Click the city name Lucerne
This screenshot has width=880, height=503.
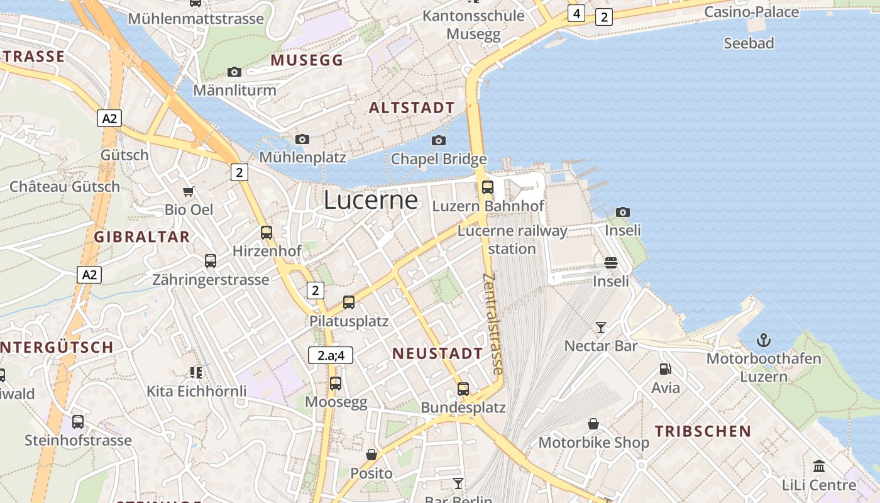[x=370, y=200]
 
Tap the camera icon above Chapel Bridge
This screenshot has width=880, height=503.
[x=439, y=140]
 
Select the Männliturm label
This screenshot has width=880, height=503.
[x=234, y=90]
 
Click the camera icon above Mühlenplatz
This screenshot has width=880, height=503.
[x=302, y=139]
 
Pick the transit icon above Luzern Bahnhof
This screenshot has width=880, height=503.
[x=487, y=187]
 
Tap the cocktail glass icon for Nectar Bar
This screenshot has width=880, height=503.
[x=601, y=327]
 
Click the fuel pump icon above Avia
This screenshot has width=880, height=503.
[x=665, y=369]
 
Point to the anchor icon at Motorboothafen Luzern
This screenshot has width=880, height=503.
[x=763, y=341]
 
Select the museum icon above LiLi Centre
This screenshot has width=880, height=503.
[x=819, y=467]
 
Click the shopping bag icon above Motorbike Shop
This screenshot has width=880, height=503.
[x=593, y=424]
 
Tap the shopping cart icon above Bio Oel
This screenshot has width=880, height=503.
[x=188, y=191]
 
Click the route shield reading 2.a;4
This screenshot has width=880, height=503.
[x=331, y=355]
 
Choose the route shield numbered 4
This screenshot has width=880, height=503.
[x=576, y=13]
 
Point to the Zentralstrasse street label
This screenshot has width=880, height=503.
[x=493, y=324]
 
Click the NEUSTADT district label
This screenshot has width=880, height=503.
[x=437, y=353]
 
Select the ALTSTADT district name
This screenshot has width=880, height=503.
[x=411, y=108]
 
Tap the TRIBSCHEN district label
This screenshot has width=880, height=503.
[x=703, y=431]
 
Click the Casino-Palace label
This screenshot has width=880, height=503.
[x=751, y=12]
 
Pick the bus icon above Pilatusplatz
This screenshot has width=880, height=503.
[x=349, y=302]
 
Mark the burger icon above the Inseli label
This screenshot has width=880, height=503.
[x=611, y=262]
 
